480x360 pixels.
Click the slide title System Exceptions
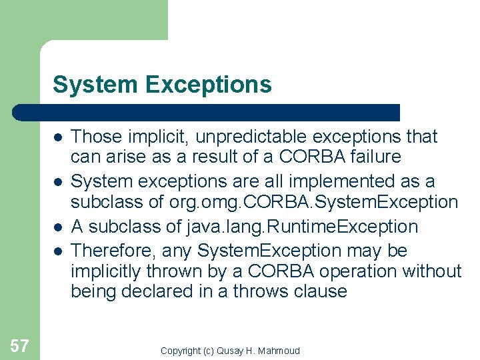(162, 85)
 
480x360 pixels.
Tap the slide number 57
(20, 345)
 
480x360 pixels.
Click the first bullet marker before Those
(58, 137)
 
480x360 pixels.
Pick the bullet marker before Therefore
(58, 251)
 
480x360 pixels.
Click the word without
(437, 271)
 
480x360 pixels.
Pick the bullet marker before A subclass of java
(58, 227)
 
